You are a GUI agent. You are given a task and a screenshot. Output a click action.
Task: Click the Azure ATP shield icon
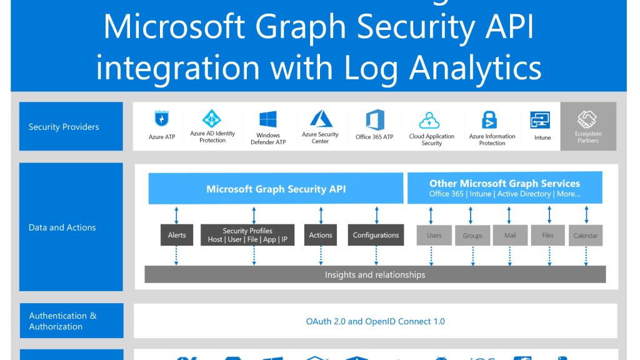(x=161, y=119)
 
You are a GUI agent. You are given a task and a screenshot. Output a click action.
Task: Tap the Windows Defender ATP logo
(x=267, y=119)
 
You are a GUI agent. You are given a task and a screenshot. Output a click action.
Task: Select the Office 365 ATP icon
(x=375, y=119)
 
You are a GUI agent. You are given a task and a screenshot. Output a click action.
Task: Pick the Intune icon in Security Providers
(x=540, y=121)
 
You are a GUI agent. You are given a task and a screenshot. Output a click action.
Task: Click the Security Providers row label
(x=64, y=127)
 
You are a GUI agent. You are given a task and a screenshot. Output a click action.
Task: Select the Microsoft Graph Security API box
(x=276, y=189)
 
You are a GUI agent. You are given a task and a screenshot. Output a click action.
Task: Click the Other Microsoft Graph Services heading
(x=504, y=184)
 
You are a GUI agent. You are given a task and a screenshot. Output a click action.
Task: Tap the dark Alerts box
(x=177, y=235)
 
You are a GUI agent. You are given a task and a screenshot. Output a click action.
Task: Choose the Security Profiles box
(x=247, y=235)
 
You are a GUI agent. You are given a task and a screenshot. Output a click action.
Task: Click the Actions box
(x=321, y=235)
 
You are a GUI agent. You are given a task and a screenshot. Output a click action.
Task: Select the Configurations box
(x=376, y=235)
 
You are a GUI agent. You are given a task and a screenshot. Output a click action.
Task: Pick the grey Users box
(x=434, y=236)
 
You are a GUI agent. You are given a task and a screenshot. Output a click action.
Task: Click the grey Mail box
(x=510, y=236)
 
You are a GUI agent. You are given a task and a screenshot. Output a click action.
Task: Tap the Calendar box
(x=586, y=236)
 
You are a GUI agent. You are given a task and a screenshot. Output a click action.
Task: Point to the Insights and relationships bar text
(x=375, y=274)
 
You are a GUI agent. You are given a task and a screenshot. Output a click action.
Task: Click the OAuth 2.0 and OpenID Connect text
(x=375, y=321)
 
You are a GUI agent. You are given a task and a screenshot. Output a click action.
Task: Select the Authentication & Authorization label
(x=62, y=321)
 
